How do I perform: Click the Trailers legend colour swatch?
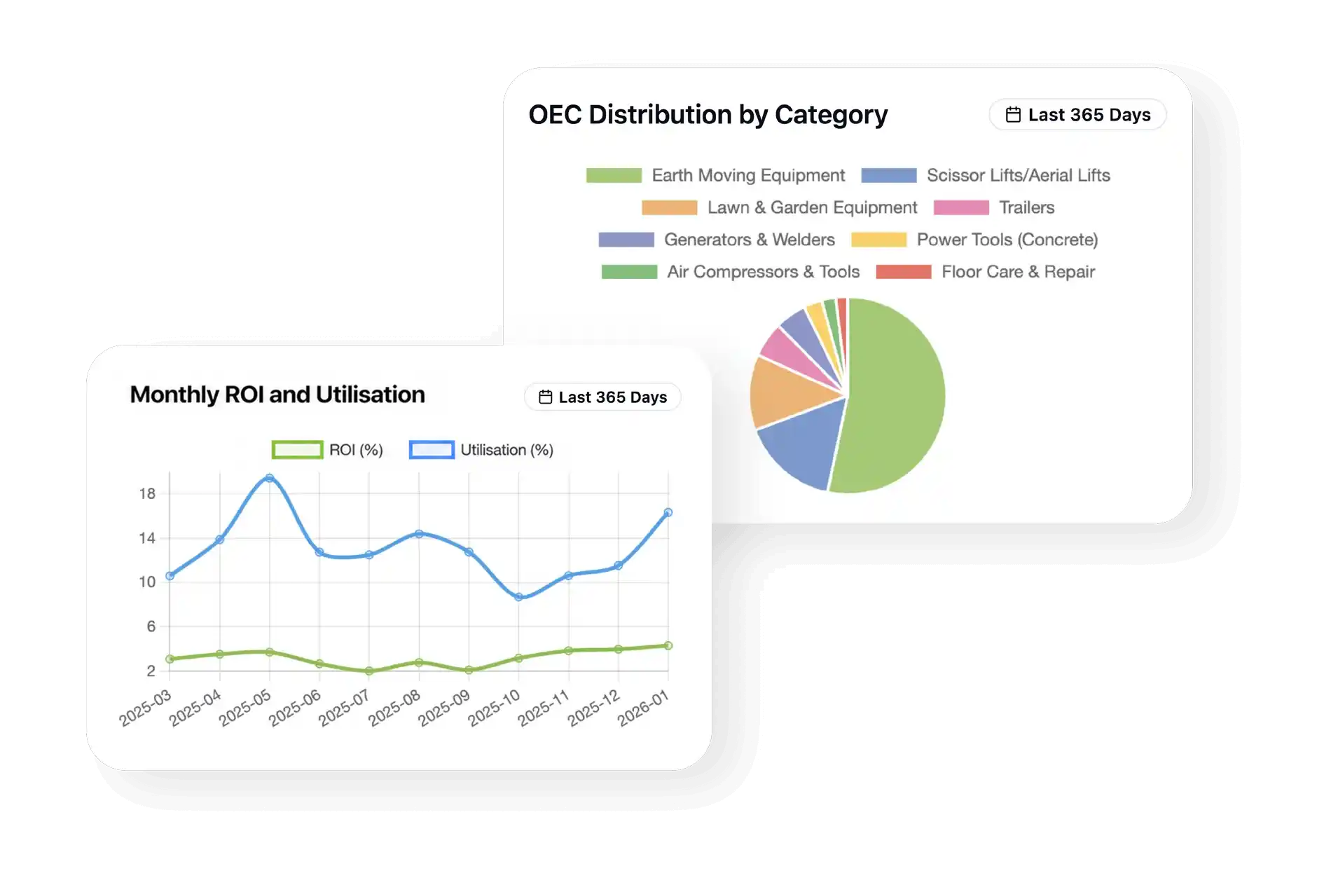[961, 207]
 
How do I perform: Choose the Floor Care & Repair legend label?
[1018, 272]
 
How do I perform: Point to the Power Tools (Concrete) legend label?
[1007, 240]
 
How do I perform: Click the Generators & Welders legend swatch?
[626, 240]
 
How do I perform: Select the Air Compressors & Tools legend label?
[764, 272]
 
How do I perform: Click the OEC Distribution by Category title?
[708, 115]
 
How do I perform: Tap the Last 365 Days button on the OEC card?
[1077, 114]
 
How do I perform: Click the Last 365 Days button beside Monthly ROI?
[602, 397]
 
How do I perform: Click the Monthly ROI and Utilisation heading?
[277, 395]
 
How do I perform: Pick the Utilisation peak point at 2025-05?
[270, 479]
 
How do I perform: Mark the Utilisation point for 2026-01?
[668, 513]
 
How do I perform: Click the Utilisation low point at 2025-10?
[519, 597]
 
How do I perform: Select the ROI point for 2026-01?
[668, 646]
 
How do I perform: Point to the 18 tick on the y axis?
[147, 493]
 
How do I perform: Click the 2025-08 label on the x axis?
[394, 707]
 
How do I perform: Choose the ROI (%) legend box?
[297, 450]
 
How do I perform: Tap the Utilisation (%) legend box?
[432, 450]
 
